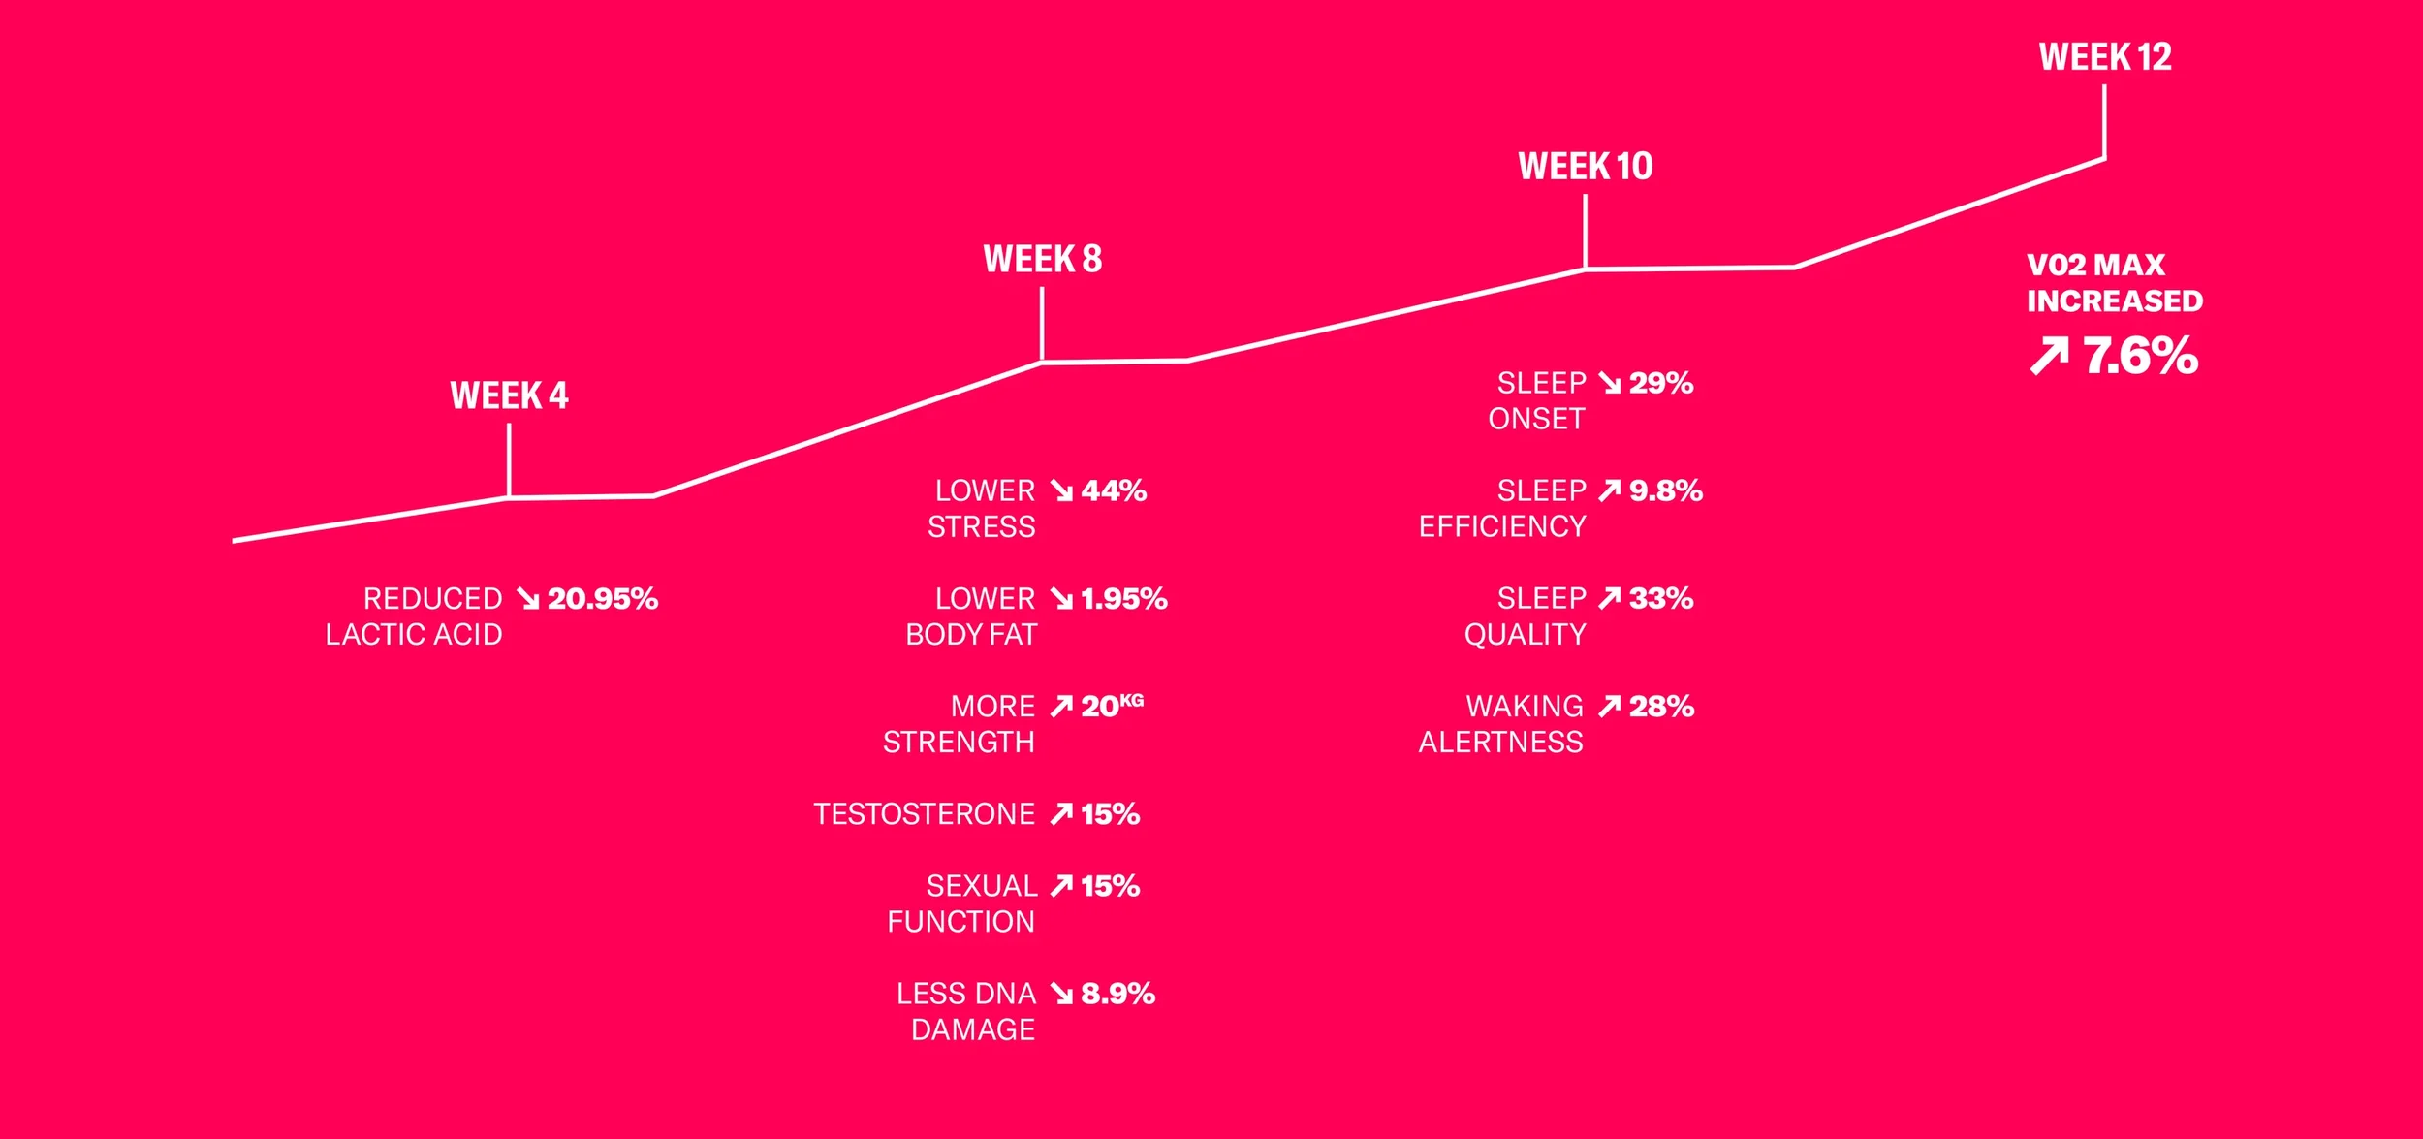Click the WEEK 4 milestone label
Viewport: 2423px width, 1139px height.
pyautogui.click(x=509, y=395)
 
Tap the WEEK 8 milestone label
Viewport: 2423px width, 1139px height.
pyautogui.click(x=1042, y=259)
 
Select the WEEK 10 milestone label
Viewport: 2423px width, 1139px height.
pyautogui.click(x=1585, y=166)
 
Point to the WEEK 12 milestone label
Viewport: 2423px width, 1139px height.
pyautogui.click(x=2104, y=57)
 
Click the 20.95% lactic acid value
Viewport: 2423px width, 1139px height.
pyautogui.click(x=602, y=598)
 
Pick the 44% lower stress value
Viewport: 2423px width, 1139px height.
pyautogui.click(x=1114, y=490)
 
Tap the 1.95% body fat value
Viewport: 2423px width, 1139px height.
pyautogui.click(x=1123, y=598)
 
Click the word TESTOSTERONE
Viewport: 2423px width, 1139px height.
pyautogui.click(x=924, y=813)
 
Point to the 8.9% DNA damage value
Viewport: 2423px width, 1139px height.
pyautogui.click(x=1117, y=993)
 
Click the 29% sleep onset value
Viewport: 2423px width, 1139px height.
pyautogui.click(x=1660, y=383)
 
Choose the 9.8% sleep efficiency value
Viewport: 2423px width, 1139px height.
pyautogui.click(x=1665, y=490)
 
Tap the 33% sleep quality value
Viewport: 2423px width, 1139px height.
pyautogui.click(x=1660, y=598)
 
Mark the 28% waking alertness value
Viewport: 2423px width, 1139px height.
pyautogui.click(x=1660, y=706)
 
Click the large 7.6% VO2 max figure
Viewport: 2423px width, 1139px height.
pyautogui.click(x=2140, y=356)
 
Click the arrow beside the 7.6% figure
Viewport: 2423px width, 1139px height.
pyautogui.click(x=2049, y=356)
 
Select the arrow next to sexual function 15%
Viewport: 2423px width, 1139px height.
pyautogui.click(x=1061, y=885)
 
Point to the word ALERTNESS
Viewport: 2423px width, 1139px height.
pyautogui.click(x=1500, y=742)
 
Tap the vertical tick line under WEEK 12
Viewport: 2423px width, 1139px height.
pyautogui.click(x=2104, y=121)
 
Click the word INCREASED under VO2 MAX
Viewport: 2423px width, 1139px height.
pyautogui.click(x=2114, y=301)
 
